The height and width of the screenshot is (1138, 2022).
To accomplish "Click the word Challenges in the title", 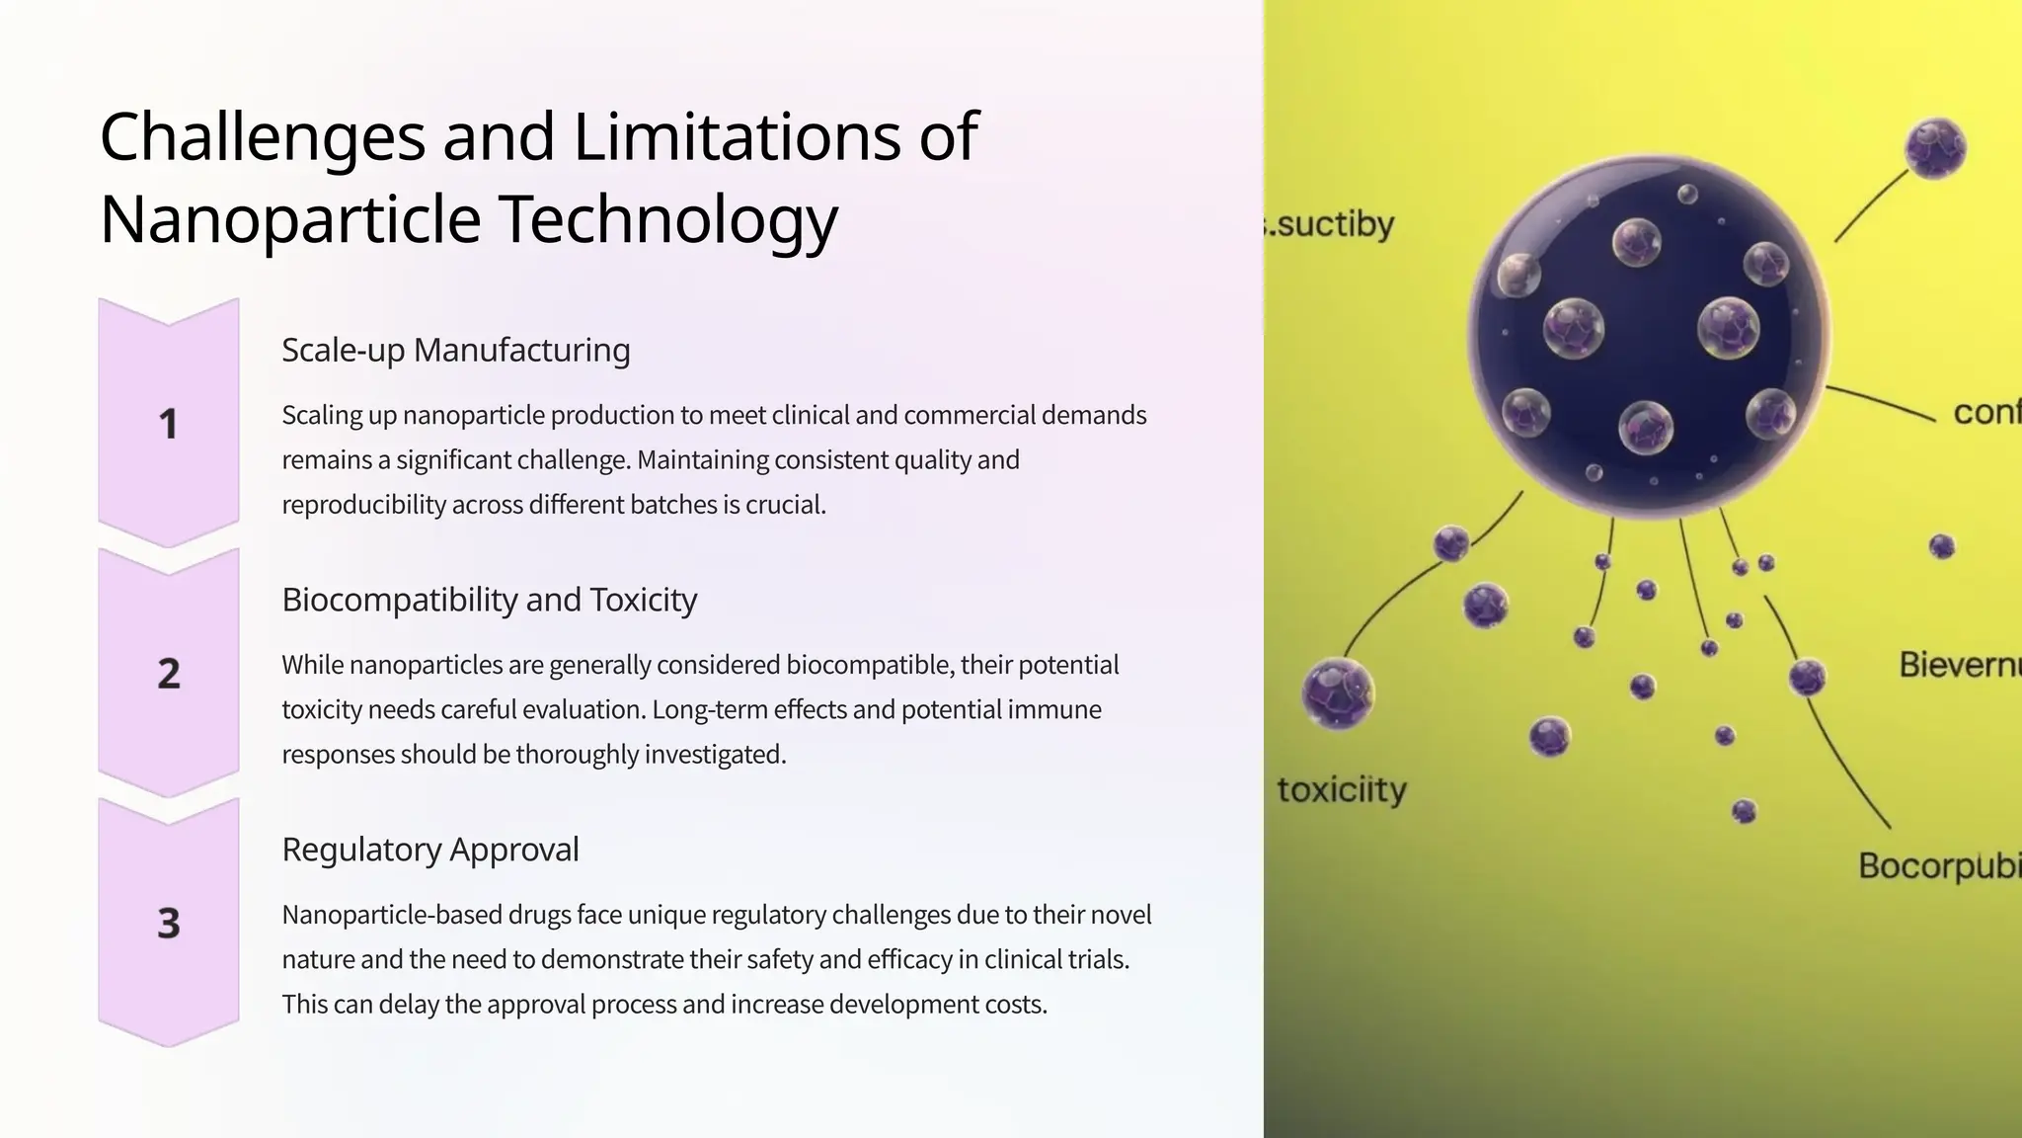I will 263,137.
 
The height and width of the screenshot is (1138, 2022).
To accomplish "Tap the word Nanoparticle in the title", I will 290,219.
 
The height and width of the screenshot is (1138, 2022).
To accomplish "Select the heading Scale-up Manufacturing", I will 455,350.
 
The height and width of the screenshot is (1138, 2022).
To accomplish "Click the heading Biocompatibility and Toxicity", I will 489,600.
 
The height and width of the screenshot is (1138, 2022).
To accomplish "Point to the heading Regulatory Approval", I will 429,850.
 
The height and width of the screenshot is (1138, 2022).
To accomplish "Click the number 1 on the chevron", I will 169,424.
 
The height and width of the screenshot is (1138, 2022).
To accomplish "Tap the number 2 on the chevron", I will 169,674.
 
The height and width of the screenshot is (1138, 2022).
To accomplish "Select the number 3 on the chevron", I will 169,924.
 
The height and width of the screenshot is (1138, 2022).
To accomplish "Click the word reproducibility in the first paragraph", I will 362,505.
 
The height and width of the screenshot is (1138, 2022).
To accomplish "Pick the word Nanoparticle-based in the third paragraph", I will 391,915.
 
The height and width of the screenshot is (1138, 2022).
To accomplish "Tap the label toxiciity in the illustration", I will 1342,790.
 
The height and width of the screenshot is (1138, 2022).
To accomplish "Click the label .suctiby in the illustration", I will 1332,225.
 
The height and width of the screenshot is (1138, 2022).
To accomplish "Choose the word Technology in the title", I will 667,219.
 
